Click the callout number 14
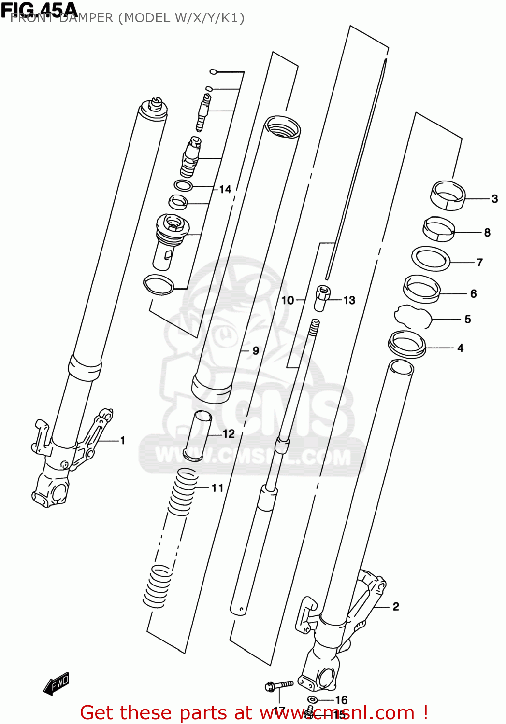(225, 189)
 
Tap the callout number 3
(494, 198)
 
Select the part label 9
(256, 351)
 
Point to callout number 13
(349, 300)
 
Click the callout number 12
(229, 434)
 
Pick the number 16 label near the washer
(341, 700)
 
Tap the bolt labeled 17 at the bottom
(279, 685)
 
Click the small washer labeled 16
(313, 700)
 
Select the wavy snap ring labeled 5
(413, 317)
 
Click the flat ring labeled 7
(431, 259)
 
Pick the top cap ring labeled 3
(448, 195)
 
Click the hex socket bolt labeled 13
(322, 298)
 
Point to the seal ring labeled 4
(407, 344)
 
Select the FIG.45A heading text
(39, 9)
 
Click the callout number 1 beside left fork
(123, 440)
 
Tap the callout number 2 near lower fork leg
(396, 607)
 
